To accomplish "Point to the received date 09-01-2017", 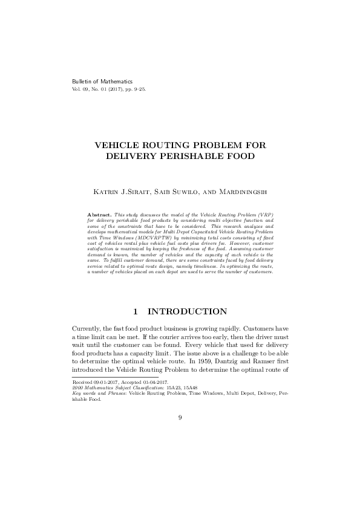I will click(x=104, y=383).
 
